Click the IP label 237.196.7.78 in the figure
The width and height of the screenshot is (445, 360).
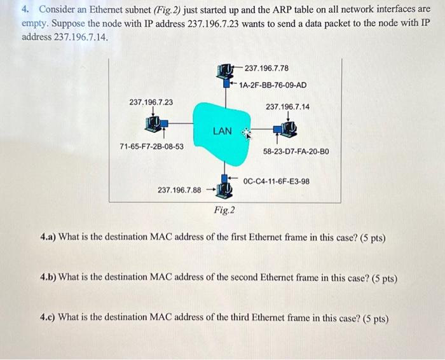(266, 68)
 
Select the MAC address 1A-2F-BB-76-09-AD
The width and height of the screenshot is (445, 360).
(273, 85)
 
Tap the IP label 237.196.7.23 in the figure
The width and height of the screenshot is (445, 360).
(151, 102)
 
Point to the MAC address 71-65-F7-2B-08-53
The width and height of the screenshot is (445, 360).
(152, 146)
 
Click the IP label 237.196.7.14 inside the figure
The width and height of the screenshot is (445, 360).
(287, 107)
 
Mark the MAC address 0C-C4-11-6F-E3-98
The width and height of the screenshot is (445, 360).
(277, 181)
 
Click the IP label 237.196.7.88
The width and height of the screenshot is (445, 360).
(179, 190)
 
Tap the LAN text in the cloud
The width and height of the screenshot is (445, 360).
(222, 131)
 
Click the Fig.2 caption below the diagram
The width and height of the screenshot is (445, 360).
(224, 210)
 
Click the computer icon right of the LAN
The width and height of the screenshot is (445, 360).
(287, 130)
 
